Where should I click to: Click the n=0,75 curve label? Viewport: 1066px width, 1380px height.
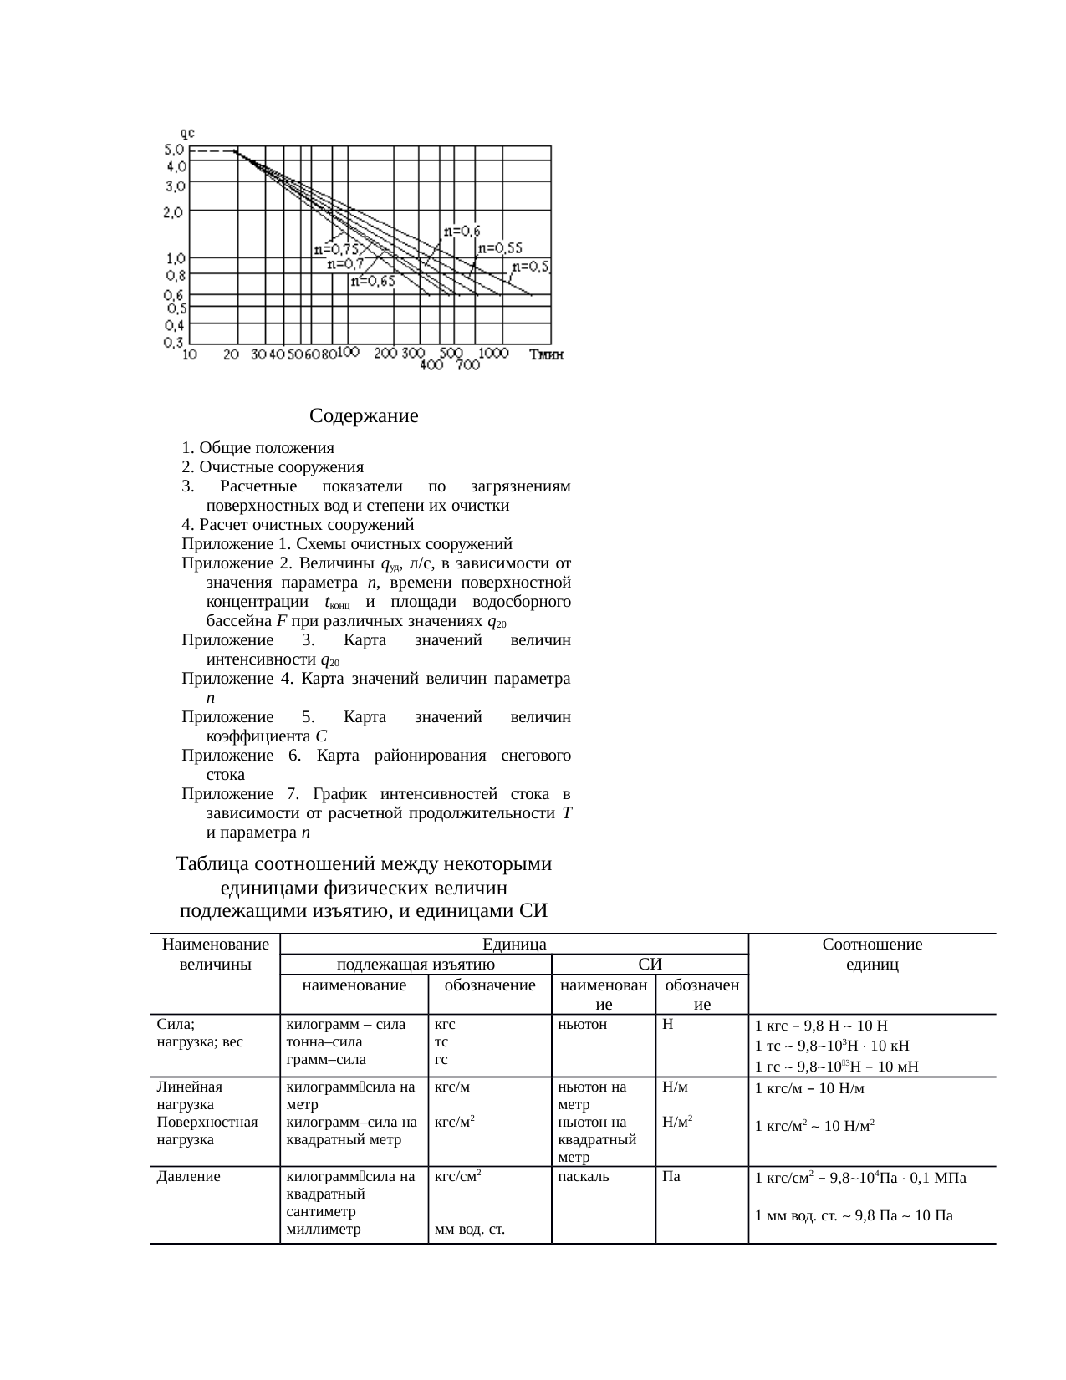tap(335, 249)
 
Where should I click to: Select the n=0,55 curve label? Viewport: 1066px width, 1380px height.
tap(500, 248)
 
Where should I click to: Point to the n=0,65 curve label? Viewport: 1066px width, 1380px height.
tap(373, 282)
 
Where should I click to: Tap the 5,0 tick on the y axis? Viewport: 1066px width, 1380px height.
tap(174, 150)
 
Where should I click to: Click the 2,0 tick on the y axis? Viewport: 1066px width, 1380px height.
tap(174, 212)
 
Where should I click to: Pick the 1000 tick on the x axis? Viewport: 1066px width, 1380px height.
tap(493, 354)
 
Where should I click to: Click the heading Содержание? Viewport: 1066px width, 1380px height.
tap(364, 415)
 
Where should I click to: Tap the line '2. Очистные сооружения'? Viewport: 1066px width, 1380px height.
tap(273, 466)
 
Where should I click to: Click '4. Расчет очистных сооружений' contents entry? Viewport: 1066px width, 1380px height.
tap(298, 525)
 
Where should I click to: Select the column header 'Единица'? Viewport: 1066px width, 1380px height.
tap(514, 945)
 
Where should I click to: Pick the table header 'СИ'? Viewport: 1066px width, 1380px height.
tap(650, 965)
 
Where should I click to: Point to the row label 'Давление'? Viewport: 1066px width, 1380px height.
tap(189, 1177)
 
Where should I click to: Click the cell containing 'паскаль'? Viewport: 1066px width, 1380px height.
tap(583, 1177)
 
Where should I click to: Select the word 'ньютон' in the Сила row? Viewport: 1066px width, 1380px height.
tap(582, 1024)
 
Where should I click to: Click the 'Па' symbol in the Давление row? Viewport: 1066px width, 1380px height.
tap(671, 1177)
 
